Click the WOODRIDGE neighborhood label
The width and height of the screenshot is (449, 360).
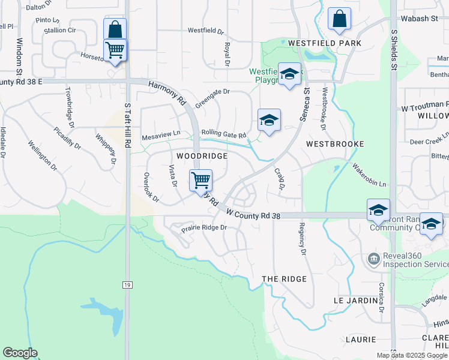(202, 156)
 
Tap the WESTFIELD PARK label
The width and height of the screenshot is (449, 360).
(324, 44)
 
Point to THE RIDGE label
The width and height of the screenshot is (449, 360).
(285, 279)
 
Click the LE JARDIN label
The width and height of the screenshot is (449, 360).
(355, 299)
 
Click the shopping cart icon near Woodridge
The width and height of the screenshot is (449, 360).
(201, 179)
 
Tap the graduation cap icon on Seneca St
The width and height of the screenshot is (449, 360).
(290, 74)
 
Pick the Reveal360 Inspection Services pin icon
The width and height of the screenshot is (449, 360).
(373, 259)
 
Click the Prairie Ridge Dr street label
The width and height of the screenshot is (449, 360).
(205, 228)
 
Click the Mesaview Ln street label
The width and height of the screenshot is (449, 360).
(161, 137)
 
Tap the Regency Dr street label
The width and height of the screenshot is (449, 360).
(303, 240)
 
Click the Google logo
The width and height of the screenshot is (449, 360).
(20, 353)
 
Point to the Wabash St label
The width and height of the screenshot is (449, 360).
(420, 19)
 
